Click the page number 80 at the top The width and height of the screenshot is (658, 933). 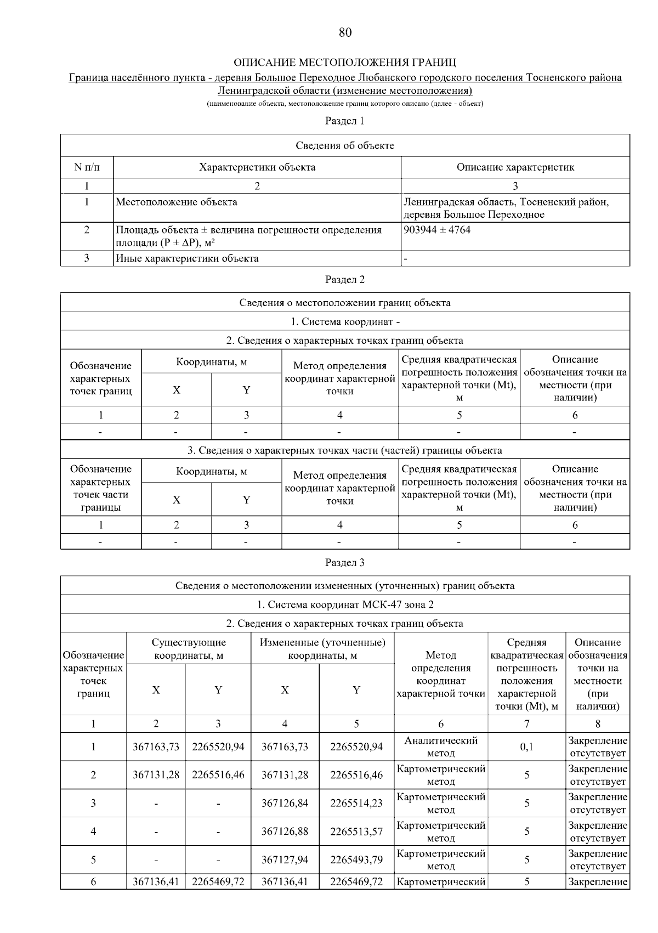[x=345, y=32]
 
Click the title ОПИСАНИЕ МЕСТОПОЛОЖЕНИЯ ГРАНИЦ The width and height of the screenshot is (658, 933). [x=345, y=62]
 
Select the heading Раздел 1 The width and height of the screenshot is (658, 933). [x=345, y=121]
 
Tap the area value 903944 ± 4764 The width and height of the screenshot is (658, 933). [x=437, y=230]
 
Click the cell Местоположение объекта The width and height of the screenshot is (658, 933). [x=177, y=202]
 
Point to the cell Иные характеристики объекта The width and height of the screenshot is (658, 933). [x=187, y=258]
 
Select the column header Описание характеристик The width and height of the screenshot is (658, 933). [x=515, y=167]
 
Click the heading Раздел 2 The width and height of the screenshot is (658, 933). [x=345, y=280]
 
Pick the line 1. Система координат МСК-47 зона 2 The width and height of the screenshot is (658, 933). [x=345, y=604]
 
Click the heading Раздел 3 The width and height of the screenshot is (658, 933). [x=345, y=563]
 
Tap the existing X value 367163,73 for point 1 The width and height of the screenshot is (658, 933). [x=156, y=747]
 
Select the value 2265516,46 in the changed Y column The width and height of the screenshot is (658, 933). [x=356, y=775]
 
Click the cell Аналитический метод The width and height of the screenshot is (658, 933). [x=441, y=747]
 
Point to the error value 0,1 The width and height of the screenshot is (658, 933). [x=526, y=747]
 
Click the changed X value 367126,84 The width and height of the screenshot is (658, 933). [x=285, y=803]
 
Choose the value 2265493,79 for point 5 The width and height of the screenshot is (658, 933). [x=356, y=860]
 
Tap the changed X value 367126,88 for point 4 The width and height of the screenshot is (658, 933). [x=285, y=832]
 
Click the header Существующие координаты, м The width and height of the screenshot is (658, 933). [x=189, y=649]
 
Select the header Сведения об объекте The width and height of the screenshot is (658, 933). [x=345, y=145]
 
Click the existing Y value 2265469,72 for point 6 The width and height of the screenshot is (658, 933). [x=218, y=882]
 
